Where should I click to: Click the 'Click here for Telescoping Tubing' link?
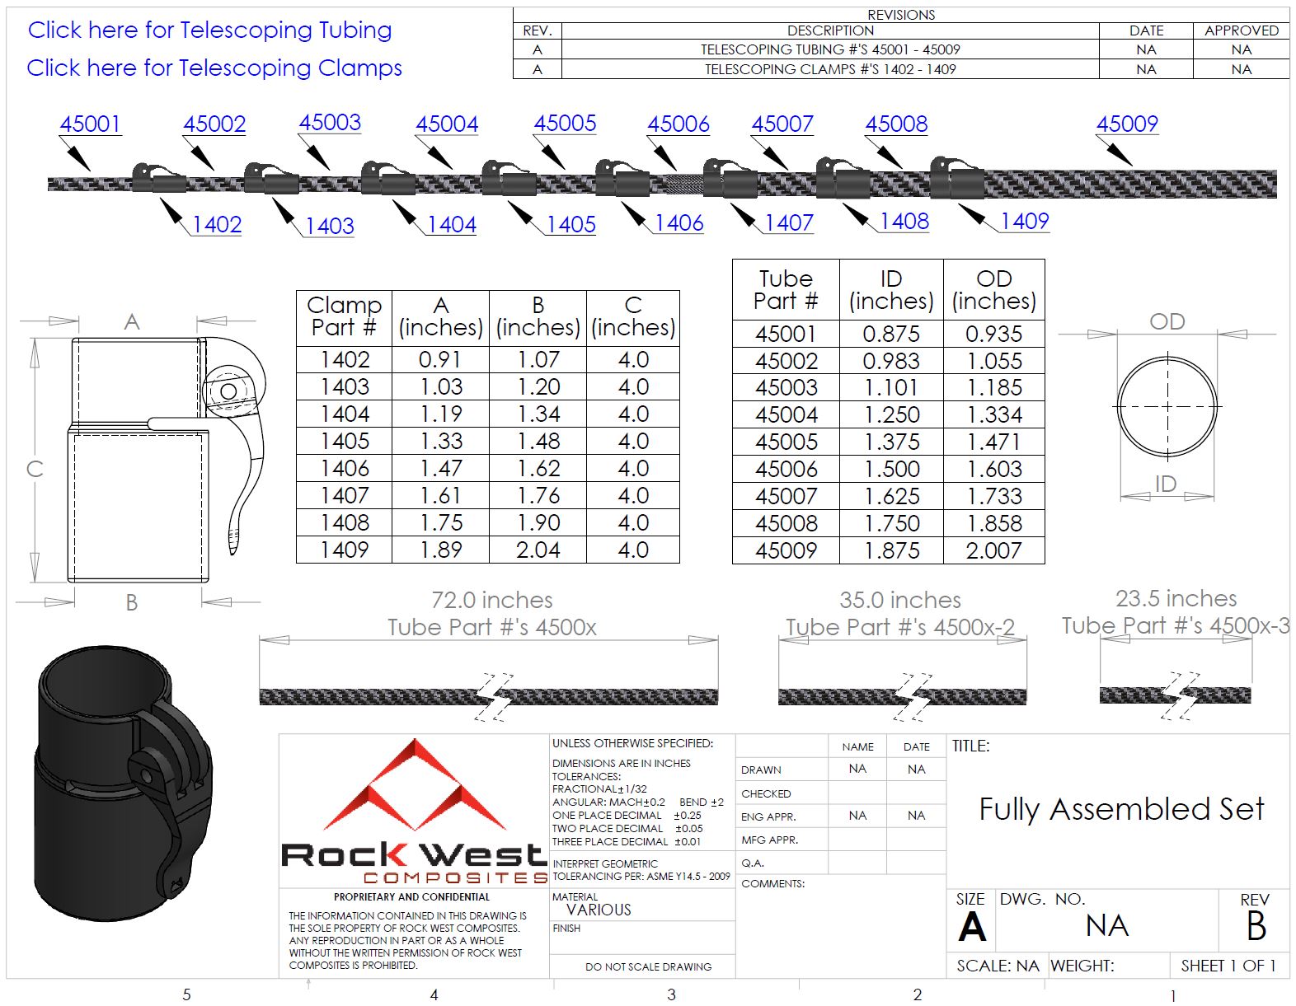209,30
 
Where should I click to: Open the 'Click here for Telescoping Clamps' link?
214,68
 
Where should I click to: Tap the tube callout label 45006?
678,124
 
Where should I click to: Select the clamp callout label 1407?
788,222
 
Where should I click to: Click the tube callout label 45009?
1126,124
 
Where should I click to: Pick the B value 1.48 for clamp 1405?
538,442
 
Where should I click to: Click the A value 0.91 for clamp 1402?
440,360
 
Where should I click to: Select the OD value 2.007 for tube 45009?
993,550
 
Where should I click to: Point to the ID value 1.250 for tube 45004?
891,414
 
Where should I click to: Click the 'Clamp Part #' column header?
344,316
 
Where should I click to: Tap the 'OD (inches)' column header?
993,290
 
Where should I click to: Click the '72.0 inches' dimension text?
492,600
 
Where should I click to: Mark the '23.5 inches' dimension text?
1176,598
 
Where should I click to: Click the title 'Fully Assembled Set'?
1120,809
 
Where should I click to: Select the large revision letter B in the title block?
1256,927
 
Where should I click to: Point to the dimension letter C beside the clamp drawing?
35,469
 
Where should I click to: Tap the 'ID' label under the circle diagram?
1165,484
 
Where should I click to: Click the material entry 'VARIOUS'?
599,910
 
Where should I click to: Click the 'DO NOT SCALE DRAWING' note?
648,966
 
